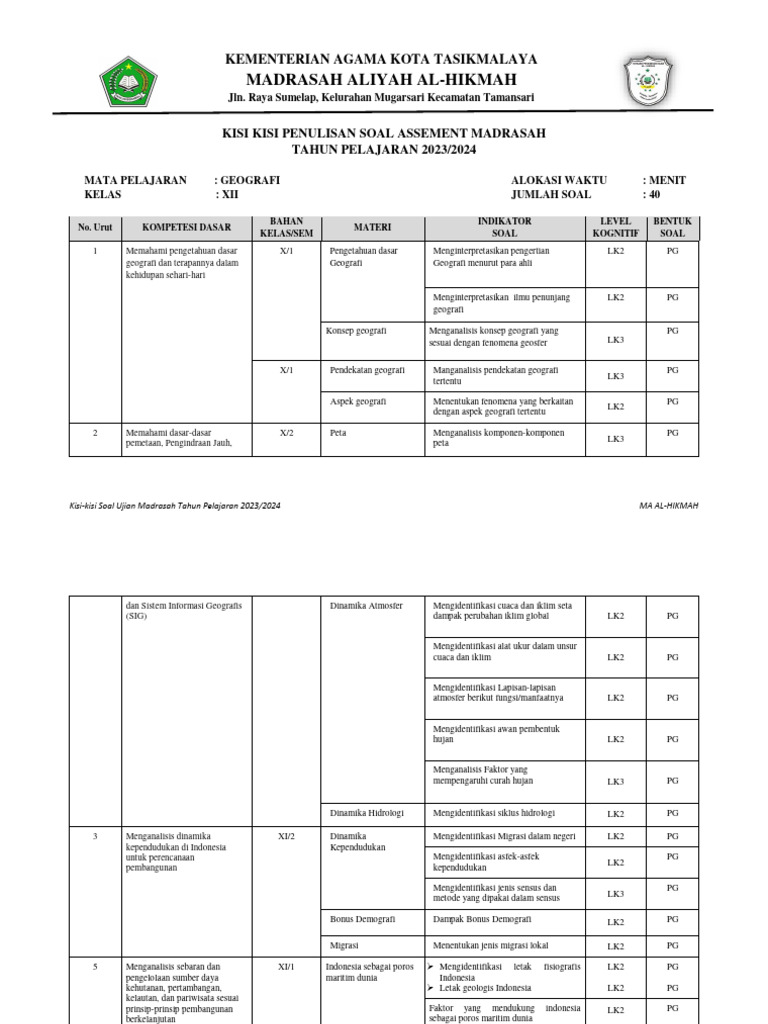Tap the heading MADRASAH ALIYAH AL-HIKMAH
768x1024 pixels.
tap(384, 79)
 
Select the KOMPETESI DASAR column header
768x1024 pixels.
tap(179, 227)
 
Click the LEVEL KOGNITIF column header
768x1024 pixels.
tap(615, 227)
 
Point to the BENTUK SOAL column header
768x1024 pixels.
tap(672, 227)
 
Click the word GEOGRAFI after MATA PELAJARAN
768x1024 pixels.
tap(249, 180)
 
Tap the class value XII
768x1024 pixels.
tap(229, 195)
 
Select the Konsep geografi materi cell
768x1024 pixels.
tap(357, 330)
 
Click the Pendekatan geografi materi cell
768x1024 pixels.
tap(367, 370)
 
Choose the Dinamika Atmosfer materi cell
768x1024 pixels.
tap(366, 606)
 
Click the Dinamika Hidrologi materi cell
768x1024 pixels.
tap(367, 813)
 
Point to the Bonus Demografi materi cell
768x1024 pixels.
tap(363, 918)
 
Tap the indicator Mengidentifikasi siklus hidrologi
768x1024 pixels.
tap(493, 813)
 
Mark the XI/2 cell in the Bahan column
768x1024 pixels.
tap(286, 836)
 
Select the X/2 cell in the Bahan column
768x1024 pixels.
tap(286, 433)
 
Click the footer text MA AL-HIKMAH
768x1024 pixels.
tap(668, 506)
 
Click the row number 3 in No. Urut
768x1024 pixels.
tap(95, 836)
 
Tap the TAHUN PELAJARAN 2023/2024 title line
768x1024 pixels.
tap(384, 149)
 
